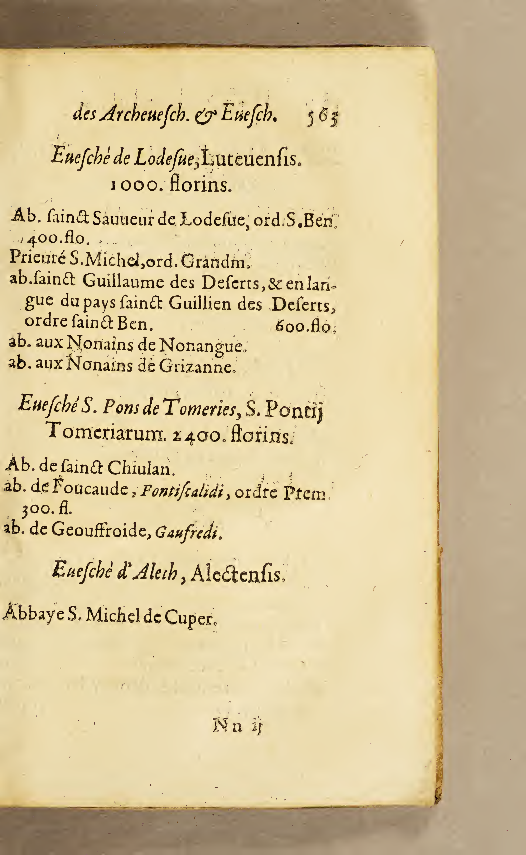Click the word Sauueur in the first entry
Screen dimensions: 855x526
tap(123, 220)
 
